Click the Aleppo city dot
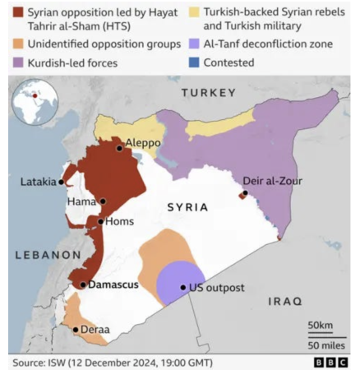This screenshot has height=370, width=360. [120, 148]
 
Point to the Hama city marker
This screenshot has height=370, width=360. [103, 201]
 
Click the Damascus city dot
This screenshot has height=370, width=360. [83, 284]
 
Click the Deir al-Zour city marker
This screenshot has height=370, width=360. [244, 194]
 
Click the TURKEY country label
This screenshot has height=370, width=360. [208, 94]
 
